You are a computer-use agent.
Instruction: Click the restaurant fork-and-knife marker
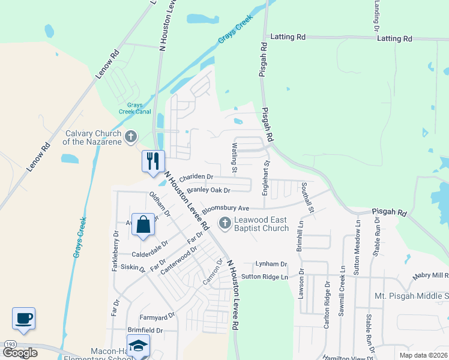(152, 161)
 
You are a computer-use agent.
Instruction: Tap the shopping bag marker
(143, 225)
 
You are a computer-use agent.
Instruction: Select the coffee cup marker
(23, 319)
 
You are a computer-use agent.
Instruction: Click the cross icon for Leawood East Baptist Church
(225, 224)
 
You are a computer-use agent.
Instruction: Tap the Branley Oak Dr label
(208, 190)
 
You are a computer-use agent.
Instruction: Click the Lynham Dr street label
(271, 264)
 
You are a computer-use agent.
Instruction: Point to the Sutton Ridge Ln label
(265, 277)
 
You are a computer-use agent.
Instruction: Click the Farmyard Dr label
(157, 315)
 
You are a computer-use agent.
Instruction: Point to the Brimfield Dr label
(145, 330)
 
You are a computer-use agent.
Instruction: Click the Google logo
(20, 352)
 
